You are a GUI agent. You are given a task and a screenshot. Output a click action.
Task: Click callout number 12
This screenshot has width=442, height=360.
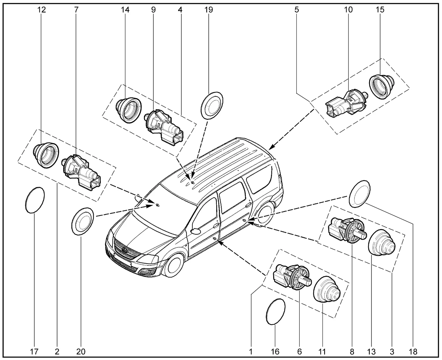pyautogui.click(x=41, y=10)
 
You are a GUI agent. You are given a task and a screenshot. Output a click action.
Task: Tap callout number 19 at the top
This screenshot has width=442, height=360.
pyautogui.click(x=209, y=10)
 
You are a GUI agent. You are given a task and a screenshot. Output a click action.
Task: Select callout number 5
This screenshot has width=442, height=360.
pyautogui.click(x=297, y=10)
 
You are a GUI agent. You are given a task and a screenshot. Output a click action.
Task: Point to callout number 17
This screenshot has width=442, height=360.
pyautogui.click(x=34, y=352)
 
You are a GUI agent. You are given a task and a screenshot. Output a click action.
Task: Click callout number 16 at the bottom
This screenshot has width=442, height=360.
pyautogui.click(x=275, y=352)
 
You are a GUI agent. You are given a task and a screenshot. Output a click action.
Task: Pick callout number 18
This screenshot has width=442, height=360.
pyautogui.click(x=413, y=352)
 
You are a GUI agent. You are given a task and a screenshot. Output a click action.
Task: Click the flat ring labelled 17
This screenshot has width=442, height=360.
pyautogui.click(x=35, y=200)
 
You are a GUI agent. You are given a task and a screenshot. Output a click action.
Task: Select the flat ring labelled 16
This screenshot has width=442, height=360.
pyautogui.click(x=275, y=311)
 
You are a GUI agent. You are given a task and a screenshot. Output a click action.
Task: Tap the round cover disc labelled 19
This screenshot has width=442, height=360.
pyautogui.click(x=212, y=106)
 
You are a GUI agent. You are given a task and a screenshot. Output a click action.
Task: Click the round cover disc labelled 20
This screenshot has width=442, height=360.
pyautogui.click(x=83, y=221)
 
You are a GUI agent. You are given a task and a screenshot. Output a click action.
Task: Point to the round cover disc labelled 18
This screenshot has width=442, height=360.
pyautogui.click(x=359, y=194)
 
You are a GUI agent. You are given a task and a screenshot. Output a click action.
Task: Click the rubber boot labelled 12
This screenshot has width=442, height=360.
pyautogui.click(x=46, y=155)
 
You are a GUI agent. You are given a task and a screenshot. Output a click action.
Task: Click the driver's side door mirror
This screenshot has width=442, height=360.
pyautogui.click(x=195, y=231)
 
